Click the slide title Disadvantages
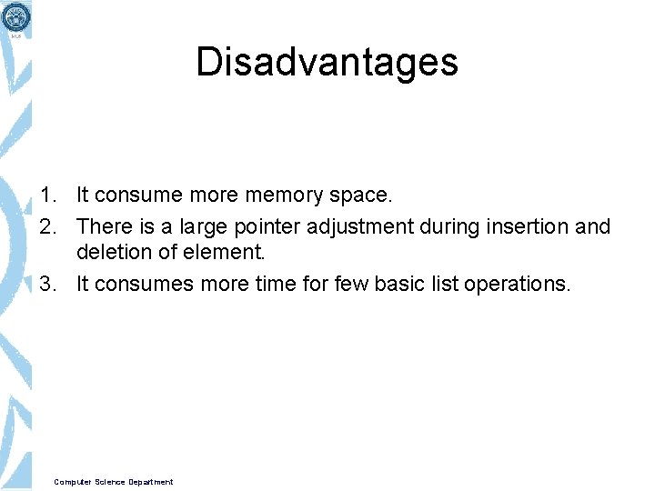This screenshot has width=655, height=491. (327, 62)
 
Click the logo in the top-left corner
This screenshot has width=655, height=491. (16, 17)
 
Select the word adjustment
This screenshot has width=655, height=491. (359, 225)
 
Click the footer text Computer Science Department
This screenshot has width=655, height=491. (114, 482)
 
